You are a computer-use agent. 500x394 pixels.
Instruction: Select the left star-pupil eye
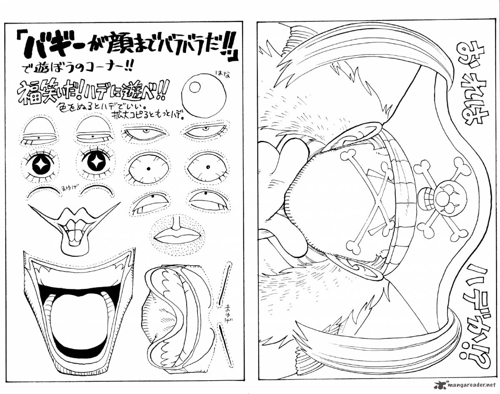[41, 165]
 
